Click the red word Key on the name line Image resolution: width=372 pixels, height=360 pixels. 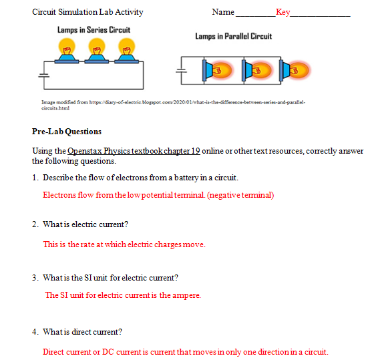point(283,12)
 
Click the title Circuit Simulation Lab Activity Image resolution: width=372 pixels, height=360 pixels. point(87,12)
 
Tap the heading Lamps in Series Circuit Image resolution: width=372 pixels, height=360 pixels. point(94,30)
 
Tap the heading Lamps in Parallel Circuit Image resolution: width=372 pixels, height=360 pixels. point(233,36)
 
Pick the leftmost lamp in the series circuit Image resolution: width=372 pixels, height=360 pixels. point(67,50)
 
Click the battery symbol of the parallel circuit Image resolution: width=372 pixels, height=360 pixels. point(179,69)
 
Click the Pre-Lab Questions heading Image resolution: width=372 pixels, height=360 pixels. point(67,132)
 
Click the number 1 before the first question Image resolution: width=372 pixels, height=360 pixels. point(34,178)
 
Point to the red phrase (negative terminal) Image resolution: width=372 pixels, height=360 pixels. point(240,195)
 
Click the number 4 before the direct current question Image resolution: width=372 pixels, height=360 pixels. point(34,331)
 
